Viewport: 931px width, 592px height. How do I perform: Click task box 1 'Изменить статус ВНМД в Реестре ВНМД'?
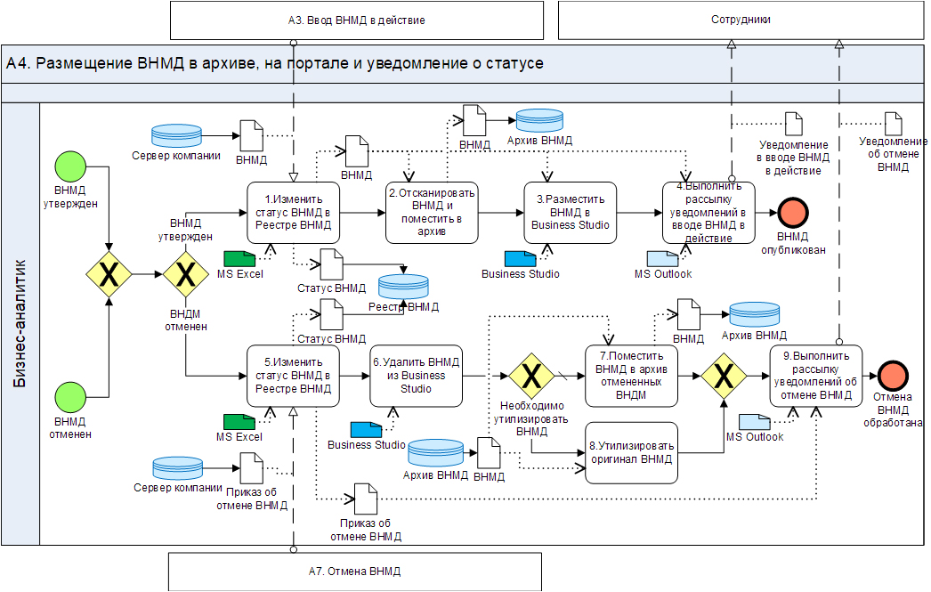pos(293,213)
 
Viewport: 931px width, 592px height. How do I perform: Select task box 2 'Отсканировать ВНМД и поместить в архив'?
pos(432,213)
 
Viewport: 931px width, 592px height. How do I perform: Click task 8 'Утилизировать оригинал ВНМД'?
pos(632,452)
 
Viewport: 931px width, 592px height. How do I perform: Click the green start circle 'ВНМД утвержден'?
pos(70,166)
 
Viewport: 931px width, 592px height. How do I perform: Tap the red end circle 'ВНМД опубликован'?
pos(793,213)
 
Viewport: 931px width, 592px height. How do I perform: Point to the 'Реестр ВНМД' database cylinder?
pos(404,288)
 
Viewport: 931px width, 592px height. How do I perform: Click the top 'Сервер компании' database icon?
pos(176,134)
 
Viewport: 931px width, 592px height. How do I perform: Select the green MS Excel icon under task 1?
pos(239,258)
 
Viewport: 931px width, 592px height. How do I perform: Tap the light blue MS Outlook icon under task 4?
pos(662,258)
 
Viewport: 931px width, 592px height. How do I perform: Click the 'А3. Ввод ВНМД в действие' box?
pos(356,20)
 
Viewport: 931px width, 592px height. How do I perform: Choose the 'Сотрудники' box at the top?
pos(741,20)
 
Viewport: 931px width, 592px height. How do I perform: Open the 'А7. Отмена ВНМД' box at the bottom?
pos(355,571)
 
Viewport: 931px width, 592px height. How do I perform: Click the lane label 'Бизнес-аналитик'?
pos(21,323)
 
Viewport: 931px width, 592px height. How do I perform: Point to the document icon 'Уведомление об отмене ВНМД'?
pos(893,124)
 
